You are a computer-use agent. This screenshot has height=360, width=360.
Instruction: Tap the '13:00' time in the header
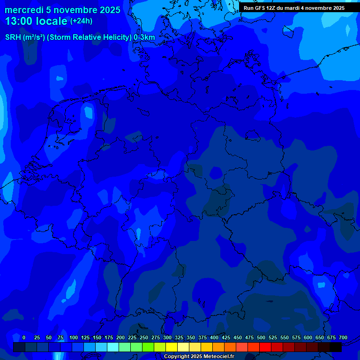click(x=19, y=21)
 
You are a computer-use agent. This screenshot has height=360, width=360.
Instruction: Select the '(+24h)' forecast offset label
click(x=82, y=21)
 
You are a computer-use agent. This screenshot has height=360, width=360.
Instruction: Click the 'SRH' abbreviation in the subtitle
click(x=14, y=37)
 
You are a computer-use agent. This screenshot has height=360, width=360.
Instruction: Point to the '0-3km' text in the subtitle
click(x=144, y=37)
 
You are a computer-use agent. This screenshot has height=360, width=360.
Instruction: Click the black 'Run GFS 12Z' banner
click(x=294, y=8)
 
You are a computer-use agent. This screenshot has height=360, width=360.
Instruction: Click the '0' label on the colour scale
click(x=24, y=337)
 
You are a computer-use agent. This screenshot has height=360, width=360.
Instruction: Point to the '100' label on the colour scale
click(x=74, y=337)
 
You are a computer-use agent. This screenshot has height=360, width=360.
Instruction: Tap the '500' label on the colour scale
click(x=261, y=337)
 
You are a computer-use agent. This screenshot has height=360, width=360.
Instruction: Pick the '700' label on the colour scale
click(x=343, y=337)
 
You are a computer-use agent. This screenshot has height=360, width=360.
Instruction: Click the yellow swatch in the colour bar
click(x=172, y=347)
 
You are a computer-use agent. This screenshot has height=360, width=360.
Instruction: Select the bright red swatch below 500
click(x=265, y=347)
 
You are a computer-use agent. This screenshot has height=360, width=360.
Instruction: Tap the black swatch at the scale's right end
click(x=336, y=347)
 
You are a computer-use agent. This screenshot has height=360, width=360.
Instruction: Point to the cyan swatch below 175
click(x=113, y=347)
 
